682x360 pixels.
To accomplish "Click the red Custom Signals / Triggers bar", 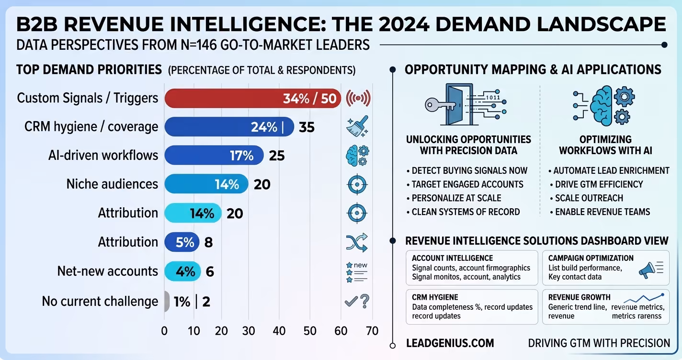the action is click(x=253, y=98).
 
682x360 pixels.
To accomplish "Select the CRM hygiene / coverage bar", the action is click(x=229, y=127).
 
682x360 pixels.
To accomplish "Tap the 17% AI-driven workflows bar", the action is click(x=214, y=155).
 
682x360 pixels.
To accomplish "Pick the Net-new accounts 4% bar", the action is click(x=182, y=271).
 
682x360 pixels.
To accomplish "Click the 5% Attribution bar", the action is click(x=182, y=242).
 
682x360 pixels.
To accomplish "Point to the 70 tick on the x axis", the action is click(x=372, y=331).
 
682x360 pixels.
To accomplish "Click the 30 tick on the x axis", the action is click(x=249, y=331).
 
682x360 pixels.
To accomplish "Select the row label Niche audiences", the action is click(x=113, y=184).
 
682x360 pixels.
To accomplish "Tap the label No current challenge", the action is click(x=100, y=301).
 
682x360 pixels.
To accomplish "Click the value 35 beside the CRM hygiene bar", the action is click(x=307, y=127).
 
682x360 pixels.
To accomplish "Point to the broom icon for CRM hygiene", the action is click(x=357, y=126).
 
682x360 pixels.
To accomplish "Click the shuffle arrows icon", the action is click(x=357, y=243).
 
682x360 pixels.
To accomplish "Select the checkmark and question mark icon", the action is click(x=357, y=301).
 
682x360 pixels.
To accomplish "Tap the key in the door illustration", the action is click(x=441, y=105).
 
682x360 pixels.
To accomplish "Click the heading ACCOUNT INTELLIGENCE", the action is click(x=453, y=258).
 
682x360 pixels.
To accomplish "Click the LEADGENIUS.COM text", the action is click(x=450, y=343).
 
